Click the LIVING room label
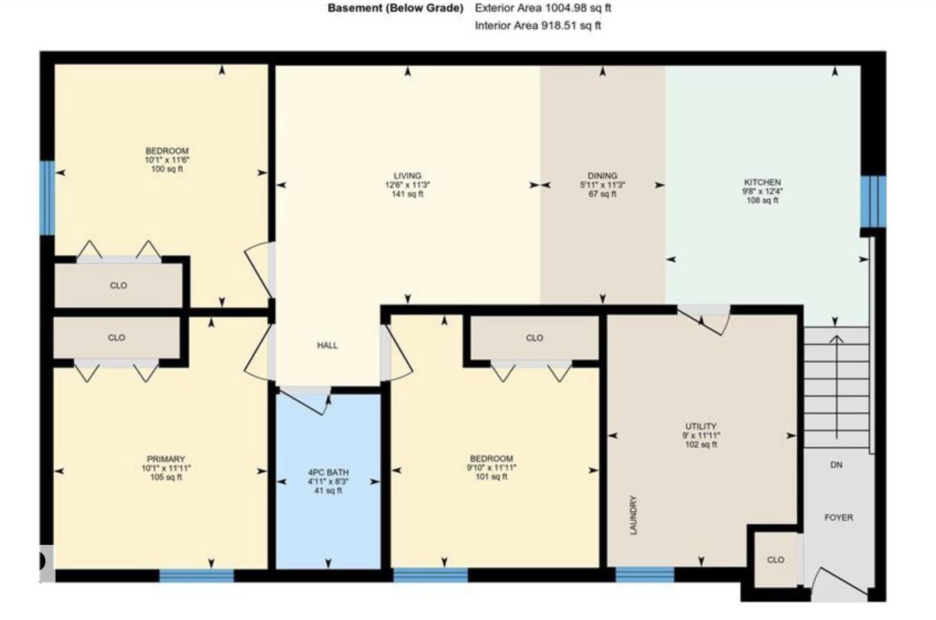point(408,176)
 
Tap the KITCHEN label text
point(763,182)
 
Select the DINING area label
point(602,176)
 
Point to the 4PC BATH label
point(328,473)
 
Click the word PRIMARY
point(166,459)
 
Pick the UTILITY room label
point(701,426)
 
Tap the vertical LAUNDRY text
point(634,515)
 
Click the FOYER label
point(839,518)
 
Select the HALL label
point(327,345)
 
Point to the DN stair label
point(836,465)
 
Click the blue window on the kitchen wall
point(873,201)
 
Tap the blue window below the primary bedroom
point(197,576)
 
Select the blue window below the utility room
point(645,575)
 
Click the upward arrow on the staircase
point(836,387)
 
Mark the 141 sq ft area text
point(408,194)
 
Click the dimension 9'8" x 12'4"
point(763,192)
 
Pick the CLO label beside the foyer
point(775,560)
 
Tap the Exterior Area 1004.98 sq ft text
point(543,8)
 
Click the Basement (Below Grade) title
point(395,8)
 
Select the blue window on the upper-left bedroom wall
point(47,198)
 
